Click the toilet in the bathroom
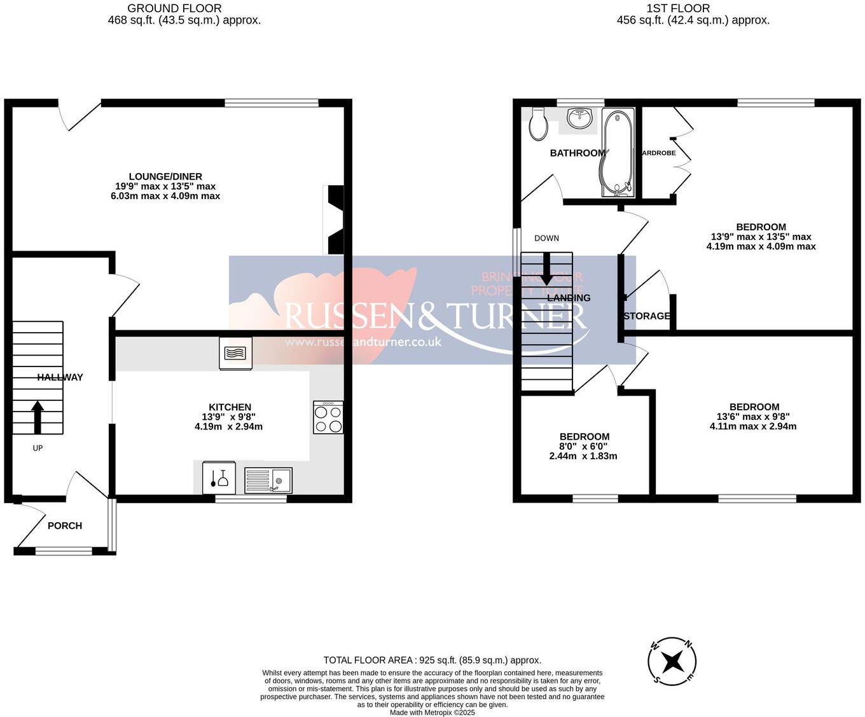point(538,124)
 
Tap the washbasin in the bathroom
point(579,118)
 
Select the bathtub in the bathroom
point(616,153)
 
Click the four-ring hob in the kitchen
point(328,417)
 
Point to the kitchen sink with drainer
point(268,480)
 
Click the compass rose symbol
point(672,662)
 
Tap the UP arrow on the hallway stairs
point(38,417)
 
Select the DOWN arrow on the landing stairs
point(546,268)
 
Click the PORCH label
point(65,526)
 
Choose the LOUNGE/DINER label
point(165,176)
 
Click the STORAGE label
point(647,316)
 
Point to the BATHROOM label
point(578,153)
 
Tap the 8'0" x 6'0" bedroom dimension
point(584,446)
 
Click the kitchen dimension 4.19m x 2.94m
point(228,426)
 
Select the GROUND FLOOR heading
point(175,8)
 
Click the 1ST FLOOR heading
point(678,8)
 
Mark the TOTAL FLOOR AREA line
point(432,660)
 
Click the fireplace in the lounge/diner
point(333,219)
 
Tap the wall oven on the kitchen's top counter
point(235,353)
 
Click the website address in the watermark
point(363,342)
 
